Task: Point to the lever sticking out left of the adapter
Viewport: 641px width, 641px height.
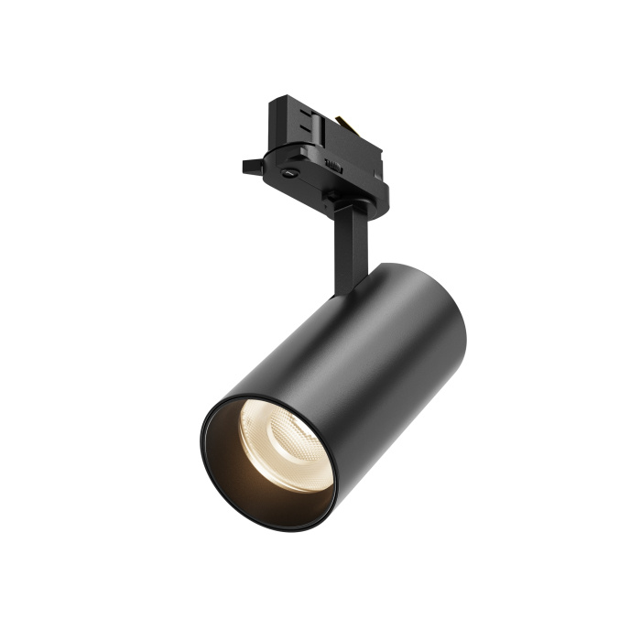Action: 253,167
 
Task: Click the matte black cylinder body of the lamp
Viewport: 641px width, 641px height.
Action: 385,366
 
